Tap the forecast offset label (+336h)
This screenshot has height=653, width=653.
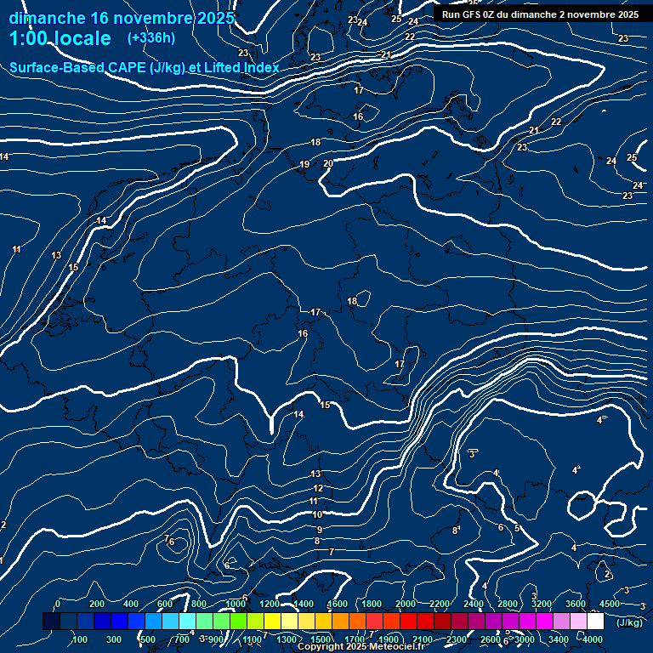(151, 38)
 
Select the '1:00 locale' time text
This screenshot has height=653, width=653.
(60, 38)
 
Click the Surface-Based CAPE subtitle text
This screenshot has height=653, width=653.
(145, 67)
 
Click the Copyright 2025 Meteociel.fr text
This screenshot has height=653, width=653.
(361, 647)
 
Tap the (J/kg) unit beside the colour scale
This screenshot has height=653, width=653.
(630, 622)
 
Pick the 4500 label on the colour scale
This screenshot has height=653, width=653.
(610, 604)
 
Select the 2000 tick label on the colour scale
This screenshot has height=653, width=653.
(406, 604)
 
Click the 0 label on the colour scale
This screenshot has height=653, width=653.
(58, 604)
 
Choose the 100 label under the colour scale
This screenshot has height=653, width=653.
(80, 639)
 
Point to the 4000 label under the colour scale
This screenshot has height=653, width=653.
(593, 639)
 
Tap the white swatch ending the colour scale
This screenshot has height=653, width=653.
(595, 622)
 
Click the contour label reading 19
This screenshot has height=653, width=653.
(304, 165)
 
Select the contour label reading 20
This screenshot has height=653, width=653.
(328, 163)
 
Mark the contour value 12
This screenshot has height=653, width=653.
(318, 489)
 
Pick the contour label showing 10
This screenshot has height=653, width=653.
(317, 515)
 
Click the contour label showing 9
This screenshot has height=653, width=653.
(319, 529)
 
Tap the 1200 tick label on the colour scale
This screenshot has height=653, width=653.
(269, 604)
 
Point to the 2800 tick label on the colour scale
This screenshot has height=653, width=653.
(508, 604)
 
